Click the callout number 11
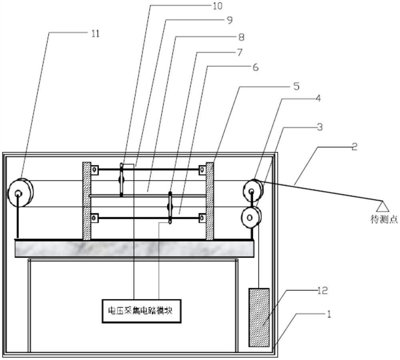(96, 34)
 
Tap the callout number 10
(217, 6)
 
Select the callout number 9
(229, 20)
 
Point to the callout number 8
(241, 37)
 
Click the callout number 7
(240, 52)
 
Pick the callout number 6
(255, 67)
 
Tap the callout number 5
(296, 86)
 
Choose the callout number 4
(318, 98)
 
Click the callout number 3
(320, 127)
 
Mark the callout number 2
(354, 147)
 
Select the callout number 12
(322, 290)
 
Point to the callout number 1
(329, 314)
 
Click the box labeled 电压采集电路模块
(142, 311)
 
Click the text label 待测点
(384, 219)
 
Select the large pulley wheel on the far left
(20, 193)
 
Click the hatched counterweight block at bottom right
(259, 318)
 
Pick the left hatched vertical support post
(87, 201)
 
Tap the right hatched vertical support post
(210, 201)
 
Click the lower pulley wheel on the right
(251, 217)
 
